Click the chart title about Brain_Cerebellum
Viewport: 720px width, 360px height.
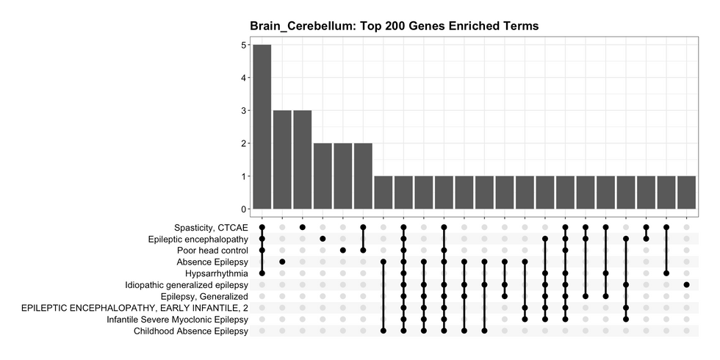(395, 26)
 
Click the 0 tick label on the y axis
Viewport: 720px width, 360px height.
(243, 209)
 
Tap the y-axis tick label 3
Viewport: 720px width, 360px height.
(243, 111)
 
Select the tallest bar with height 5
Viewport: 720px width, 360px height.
(262, 127)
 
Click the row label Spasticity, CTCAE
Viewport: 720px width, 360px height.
(212, 227)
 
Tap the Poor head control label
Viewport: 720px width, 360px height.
(212, 251)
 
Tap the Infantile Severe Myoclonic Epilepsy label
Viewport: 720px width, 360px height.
(177, 320)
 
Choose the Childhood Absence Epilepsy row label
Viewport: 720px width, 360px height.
(191, 331)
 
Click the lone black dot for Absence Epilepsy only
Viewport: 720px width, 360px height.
(282, 262)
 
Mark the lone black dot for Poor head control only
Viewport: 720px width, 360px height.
(343, 251)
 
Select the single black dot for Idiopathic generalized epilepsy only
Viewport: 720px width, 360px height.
(686, 284)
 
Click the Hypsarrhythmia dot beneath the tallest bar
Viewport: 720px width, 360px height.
(262, 273)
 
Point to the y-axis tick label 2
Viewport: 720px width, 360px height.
(243, 144)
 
